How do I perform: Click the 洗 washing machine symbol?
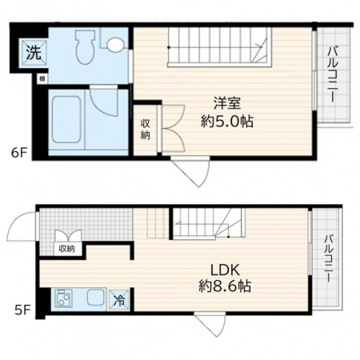pyautogui.click(x=34, y=52)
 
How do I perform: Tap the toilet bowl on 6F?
pyautogui.click(x=86, y=47)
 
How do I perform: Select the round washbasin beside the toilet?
pyautogui.click(x=115, y=44)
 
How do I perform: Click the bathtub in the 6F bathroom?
pyautogui.click(x=66, y=119)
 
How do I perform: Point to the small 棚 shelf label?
pyautogui.click(x=42, y=78)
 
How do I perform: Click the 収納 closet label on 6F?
pyautogui.click(x=146, y=130)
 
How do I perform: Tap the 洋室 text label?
pyautogui.click(x=227, y=103)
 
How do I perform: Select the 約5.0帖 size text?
pyautogui.click(x=227, y=122)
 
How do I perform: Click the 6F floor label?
pyautogui.click(x=19, y=153)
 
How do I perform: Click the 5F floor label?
pyautogui.click(x=22, y=310)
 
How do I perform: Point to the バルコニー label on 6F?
pyautogui.click(x=333, y=74)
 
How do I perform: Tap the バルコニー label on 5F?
pyautogui.click(x=330, y=258)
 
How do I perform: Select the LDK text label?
pyautogui.click(x=226, y=270)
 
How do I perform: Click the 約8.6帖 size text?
pyautogui.click(x=225, y=286)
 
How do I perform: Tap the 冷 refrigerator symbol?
pyautogui.click(x=118, y=300)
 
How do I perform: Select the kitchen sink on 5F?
pyautogui.click(x=96, y=298)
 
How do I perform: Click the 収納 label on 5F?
pyautogui.click(x=66, y=249)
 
